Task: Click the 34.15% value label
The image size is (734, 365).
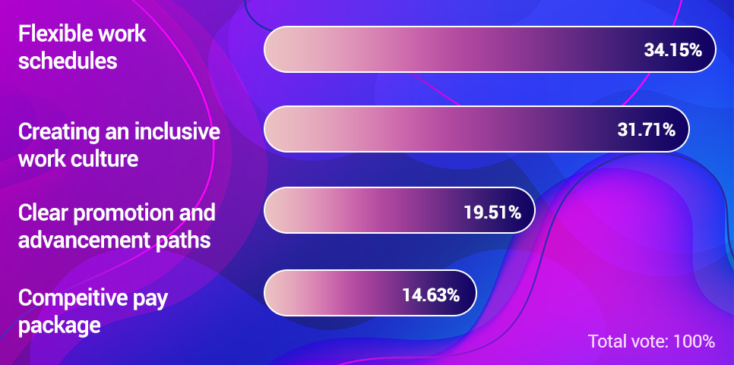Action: coord(672,50)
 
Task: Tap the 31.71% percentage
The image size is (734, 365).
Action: coord(646,130)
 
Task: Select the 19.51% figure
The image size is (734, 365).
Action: coord(492,212)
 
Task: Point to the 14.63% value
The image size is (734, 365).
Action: coord(431,295)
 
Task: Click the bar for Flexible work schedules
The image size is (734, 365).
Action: coord(489,49)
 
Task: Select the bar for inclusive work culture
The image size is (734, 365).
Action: coord(476,129)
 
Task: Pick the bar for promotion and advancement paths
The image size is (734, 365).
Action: coord(400,210)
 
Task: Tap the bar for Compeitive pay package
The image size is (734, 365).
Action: coord(370,294)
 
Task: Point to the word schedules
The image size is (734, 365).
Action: coord(68,61)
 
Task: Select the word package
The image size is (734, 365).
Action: coord(59,326)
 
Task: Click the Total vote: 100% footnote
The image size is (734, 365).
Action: coord(652,341)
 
